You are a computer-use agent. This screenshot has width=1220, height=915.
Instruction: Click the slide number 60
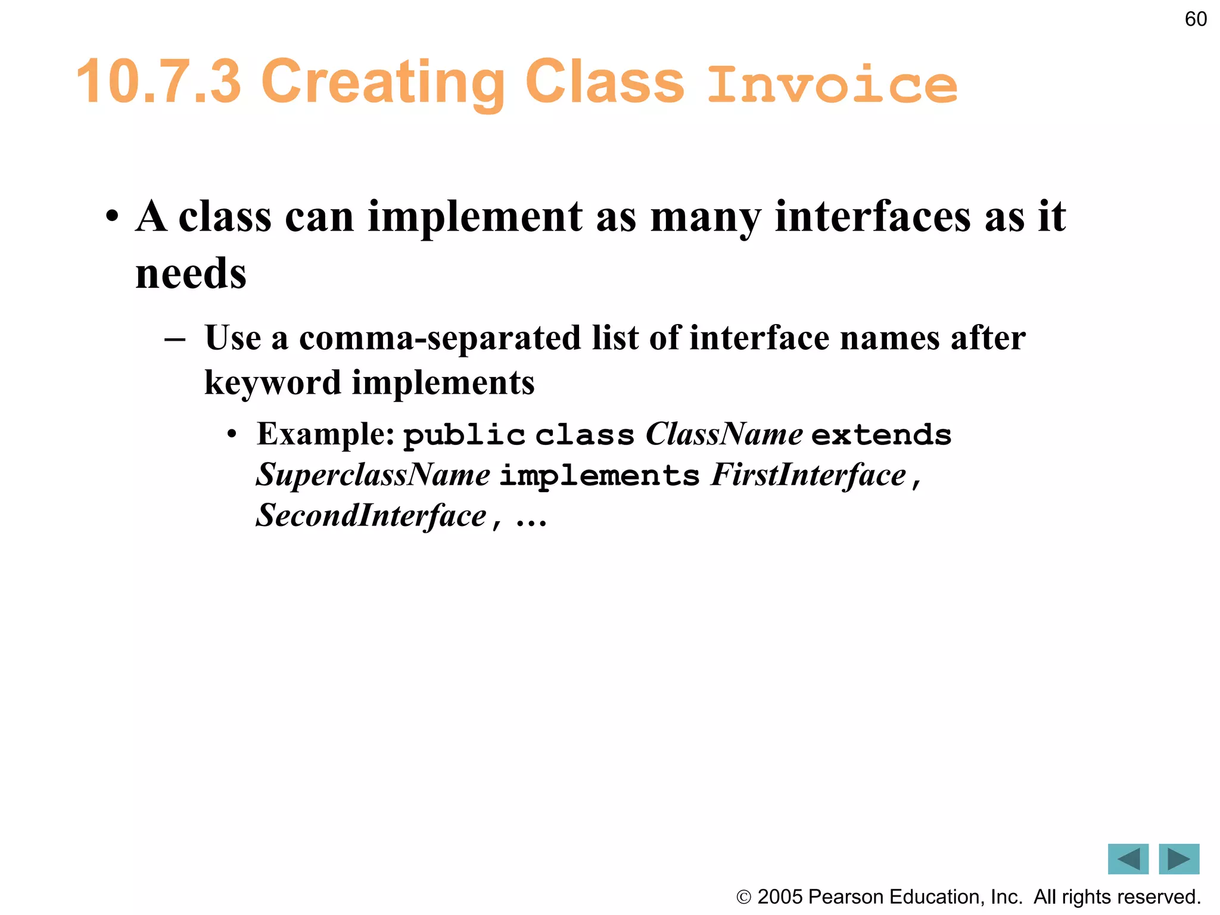[1196, 19]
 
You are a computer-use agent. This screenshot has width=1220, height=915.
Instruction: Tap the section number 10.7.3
[159, 82]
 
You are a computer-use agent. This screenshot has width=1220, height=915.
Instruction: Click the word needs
[191, 273]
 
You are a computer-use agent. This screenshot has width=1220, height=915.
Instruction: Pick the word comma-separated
[440, 338]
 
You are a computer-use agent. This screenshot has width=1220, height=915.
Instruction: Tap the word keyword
[272, 382]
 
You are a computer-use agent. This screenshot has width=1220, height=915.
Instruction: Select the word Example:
[326, 434]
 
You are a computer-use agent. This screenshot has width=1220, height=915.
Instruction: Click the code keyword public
[464, 435]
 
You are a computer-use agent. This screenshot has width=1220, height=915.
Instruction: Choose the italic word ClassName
[724, 434]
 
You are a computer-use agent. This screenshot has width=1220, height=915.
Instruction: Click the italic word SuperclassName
[373, 475]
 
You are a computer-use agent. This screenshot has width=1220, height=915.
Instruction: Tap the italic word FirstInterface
[808, 475]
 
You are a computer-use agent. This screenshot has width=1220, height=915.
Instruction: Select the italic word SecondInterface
[371, 515]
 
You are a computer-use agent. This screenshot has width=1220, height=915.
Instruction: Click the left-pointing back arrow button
[1128, 858]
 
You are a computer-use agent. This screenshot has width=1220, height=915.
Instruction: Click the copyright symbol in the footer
[743, 897]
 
